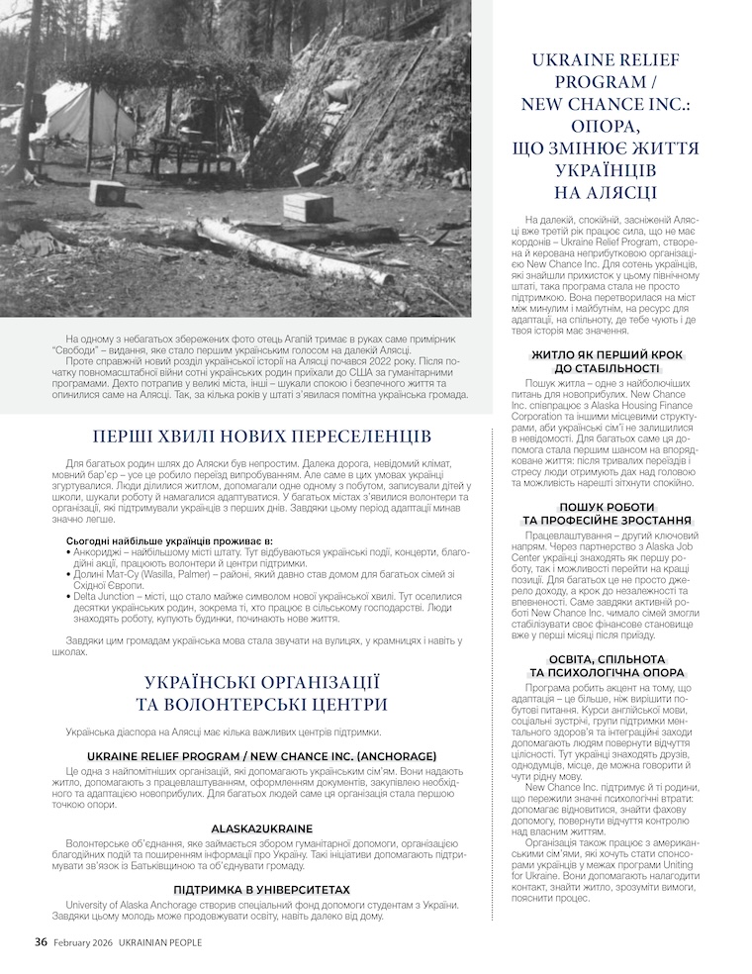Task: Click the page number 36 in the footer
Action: (41, 942)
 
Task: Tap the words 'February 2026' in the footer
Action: (84, 942)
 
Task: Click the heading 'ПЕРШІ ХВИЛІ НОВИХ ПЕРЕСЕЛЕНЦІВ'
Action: (261, 437)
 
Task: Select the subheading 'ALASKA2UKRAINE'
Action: (261, 828)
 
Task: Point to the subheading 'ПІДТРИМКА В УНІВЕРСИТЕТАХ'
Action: (261, 890)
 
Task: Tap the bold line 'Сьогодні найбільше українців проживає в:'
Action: (168, 539)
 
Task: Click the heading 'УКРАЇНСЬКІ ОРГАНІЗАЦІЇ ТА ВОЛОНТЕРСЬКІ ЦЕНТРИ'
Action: (261, 693)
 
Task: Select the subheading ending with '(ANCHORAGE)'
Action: (261, 754)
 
